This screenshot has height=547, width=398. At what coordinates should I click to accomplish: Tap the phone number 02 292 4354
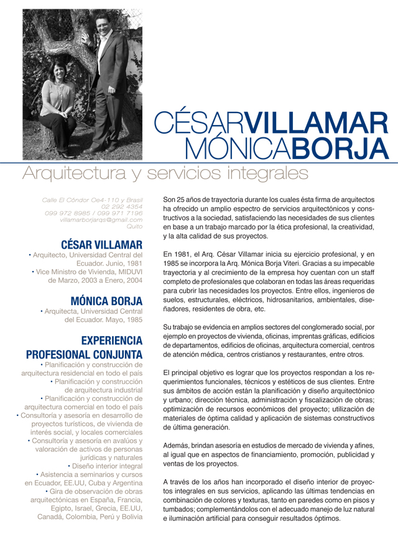[x=122, y=206]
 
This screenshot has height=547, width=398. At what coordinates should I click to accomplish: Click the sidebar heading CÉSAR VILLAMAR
[x=101, y=244]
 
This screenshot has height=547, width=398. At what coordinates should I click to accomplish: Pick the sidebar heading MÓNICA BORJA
[x=106, y=301]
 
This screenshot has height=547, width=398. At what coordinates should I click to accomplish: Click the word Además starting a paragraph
[x=176, y=445]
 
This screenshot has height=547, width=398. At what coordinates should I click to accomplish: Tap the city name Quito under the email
[x=134, y=227]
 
